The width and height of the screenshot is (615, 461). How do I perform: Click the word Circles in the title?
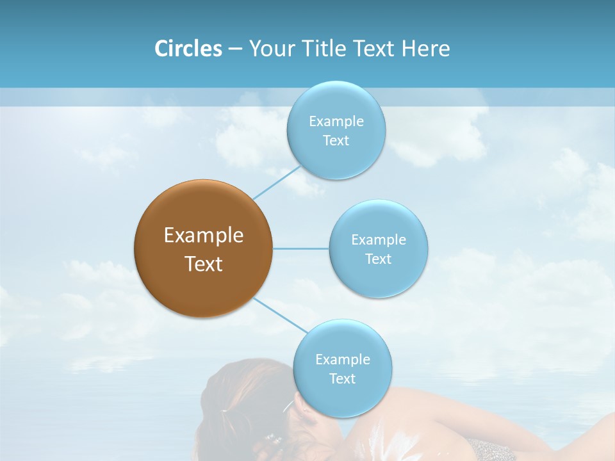pos(188,49)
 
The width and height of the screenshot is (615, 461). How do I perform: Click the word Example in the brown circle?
pos(203,236)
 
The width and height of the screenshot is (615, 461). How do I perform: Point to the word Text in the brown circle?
pos(203,264)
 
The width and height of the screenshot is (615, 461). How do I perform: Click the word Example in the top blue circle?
pos(336,122)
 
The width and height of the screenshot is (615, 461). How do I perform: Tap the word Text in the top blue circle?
pos(336,141)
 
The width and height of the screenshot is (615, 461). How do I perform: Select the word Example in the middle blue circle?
pos(379,240)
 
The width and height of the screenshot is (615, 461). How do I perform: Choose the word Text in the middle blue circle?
pos(379,259)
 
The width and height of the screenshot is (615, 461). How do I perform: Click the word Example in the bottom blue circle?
pos(342,360)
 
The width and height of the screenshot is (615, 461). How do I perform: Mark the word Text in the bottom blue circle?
pos(342,379)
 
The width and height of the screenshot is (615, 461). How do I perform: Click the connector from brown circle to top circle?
pos(277,182)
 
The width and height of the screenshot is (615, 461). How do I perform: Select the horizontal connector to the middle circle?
pos(301,248)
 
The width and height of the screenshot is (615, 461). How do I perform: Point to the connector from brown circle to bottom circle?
pos(281,315)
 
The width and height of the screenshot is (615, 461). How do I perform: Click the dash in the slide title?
pos(235,49)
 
